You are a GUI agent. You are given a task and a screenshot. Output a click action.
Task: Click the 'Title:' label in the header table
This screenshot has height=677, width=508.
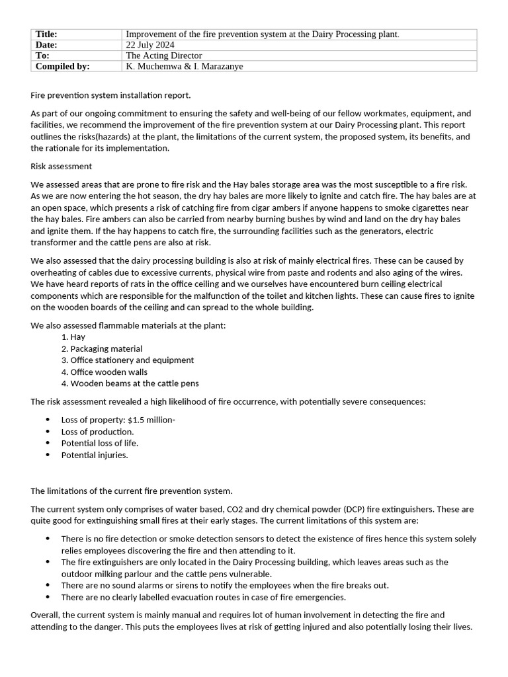pos(46,34)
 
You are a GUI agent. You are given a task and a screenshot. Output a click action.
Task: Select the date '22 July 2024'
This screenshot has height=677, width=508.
pos(150,45)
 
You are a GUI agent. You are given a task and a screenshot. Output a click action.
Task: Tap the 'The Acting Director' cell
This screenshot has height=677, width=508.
pos(164,56)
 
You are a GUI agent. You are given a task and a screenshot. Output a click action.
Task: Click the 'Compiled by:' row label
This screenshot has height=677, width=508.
pos(62,66)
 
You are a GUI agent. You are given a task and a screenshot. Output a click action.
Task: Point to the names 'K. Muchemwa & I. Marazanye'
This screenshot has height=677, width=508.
pos(189,66)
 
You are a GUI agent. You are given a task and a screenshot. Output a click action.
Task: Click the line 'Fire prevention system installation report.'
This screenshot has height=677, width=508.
pos(110,95)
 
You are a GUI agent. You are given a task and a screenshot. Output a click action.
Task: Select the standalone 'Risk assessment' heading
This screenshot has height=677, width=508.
pos(62,166)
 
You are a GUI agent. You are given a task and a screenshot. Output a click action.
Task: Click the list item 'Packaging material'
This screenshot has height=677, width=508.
pos(106,348)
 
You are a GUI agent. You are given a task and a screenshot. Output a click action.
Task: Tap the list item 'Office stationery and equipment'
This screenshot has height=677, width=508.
pos(132,360)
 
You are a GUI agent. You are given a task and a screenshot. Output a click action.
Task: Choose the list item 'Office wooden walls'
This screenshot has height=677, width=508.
pos(108,372)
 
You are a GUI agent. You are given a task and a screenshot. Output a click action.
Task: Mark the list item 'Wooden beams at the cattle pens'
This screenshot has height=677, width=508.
pos(134,383)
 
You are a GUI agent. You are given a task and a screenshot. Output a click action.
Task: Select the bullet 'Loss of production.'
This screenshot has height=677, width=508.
pos(97,432)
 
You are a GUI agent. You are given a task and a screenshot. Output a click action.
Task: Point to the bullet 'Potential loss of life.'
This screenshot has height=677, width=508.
pos(100,443)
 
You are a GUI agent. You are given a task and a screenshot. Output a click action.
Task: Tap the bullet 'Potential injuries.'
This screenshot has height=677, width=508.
pos(95,455)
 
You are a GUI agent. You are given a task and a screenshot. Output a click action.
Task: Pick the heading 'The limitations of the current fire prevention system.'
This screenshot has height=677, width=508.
pos(132,491)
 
